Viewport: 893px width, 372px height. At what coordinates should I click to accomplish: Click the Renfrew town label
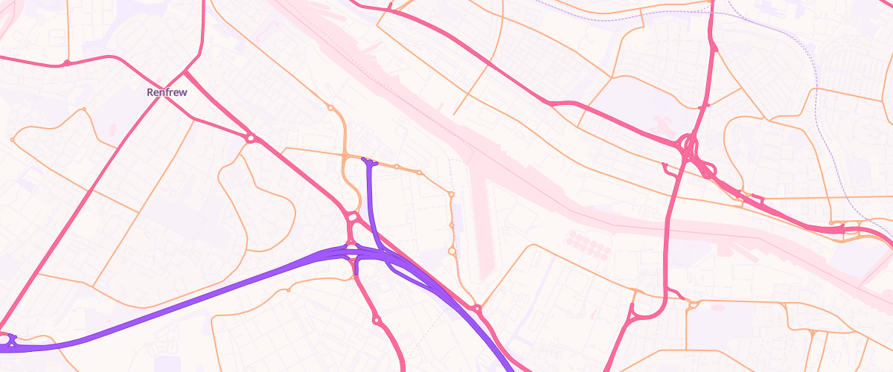pos(167,92)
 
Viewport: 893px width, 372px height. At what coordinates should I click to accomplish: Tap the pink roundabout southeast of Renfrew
pos(251,138)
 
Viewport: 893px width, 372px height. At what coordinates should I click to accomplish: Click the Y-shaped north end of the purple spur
pos(369,161)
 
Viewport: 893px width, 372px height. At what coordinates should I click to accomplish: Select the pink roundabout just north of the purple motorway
pos(353,217)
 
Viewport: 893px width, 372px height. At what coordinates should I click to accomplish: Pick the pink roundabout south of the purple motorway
pos(377,320)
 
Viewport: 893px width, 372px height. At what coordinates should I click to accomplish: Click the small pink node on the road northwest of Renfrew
pos(66,63)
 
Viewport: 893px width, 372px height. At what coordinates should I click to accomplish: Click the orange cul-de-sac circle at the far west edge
pos(13,140)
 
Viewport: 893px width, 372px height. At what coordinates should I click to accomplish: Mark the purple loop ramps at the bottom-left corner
pos(9,341)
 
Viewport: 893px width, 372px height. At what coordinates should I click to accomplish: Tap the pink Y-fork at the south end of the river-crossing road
pos(633,313)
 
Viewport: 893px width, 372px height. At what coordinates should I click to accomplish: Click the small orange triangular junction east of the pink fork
pos(693,304)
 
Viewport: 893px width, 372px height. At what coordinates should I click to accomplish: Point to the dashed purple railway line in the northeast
pos(816,82)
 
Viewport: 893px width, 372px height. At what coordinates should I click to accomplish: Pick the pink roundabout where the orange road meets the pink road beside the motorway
pos(476,307)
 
